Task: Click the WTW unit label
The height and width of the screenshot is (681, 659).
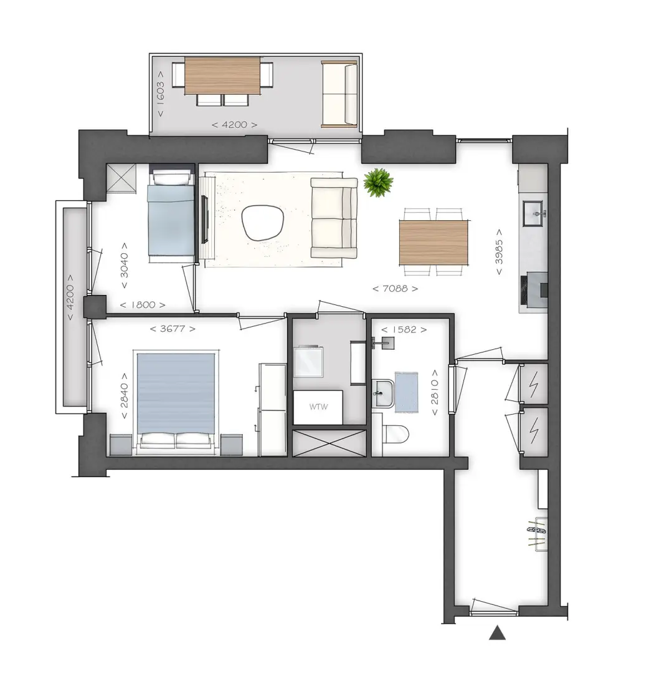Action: pyautogui.click(x=318, y=407)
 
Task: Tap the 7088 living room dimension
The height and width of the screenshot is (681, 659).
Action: pyautogui.click(x=396, y=288)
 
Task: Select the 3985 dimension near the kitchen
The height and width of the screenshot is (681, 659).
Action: pyautogui.click(x=500, y=252)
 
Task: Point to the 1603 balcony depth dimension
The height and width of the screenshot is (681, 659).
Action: pyautogui.click(x=161, y=94)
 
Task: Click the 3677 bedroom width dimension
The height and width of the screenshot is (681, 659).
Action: pyautogui.click(x=173, y=329)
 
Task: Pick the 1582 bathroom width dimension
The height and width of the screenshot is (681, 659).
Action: pyautogui.click(x=404, y=330)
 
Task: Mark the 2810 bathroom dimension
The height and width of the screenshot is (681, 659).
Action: pyautogui.click(x=434, y=392)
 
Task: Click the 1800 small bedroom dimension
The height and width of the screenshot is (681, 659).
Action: pyautogui.click(x=143, y=305)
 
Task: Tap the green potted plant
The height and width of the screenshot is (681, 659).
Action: pyautogui.click(x=378, y=182)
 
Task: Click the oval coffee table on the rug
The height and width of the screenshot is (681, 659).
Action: pyautogui.click(x=263, y=223)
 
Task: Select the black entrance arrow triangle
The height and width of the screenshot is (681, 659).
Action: pyautogui.click(x=498, y=633)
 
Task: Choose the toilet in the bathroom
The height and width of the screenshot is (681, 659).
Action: pyautogui.click(x=396, y=434)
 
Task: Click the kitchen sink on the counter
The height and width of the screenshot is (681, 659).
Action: pyautogui.click(x=533, y=213)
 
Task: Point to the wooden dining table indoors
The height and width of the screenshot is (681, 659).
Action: pyautogui.click(x=434, y=243)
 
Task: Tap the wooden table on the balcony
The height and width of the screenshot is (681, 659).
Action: pyautogui.click(x=222, y=75)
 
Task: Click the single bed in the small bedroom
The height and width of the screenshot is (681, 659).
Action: pyautogui.click(x=171, y=215)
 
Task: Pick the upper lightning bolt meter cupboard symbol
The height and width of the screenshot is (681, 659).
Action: pyautogui.click(x=534, y=384)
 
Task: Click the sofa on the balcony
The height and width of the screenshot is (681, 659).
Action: pyautogui.click(x=339, y=94)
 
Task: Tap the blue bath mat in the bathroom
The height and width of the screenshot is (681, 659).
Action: pyautogui.click(x=407, y=391)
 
